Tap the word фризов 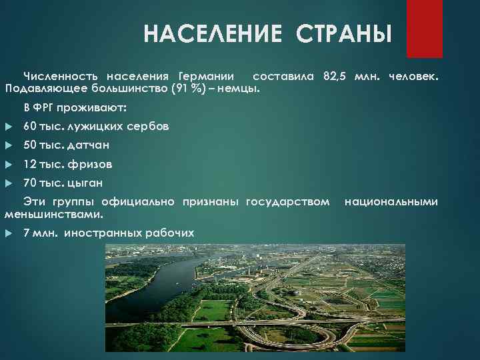pos(91,163)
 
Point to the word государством pos(287,201)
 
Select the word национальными pos(391,201)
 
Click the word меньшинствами pos(53,214)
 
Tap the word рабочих pos(170,233)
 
